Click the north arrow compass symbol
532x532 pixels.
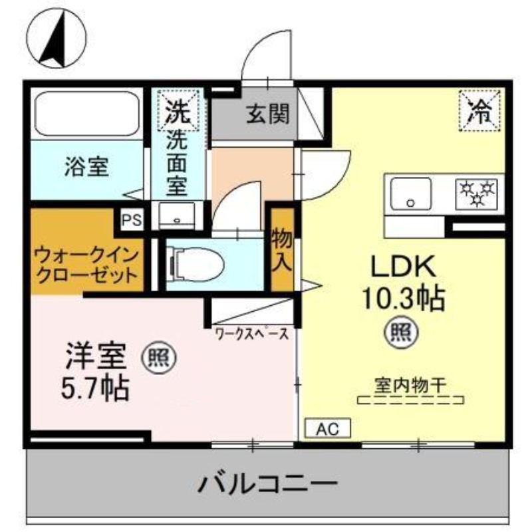point(56,38)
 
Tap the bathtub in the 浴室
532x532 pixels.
point(86,114)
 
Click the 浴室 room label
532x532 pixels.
point(86,167)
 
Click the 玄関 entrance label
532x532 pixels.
point(268,115)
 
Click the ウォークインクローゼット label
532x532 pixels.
point(86,264)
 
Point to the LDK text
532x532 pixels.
point(402,267)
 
